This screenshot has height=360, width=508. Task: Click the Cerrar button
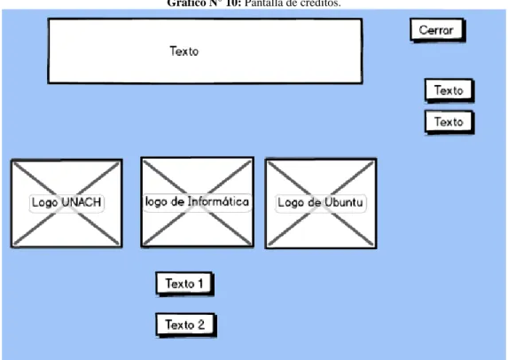pos(437,30)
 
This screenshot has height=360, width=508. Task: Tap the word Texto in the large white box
pos(184,51)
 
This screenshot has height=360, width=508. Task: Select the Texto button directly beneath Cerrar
pos(449,90)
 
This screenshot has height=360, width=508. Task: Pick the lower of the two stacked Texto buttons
pos(449,122)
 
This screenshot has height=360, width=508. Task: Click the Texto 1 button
pos(184,284)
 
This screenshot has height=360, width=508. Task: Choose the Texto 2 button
pos(186,325)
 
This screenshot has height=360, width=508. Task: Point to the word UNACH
pos(82,202)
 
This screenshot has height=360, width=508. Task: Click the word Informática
pos(218,201)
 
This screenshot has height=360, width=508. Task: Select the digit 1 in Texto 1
pos(200,284)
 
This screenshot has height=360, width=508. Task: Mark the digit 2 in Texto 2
pos(201,325)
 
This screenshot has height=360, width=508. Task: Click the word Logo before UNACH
pos(45,203)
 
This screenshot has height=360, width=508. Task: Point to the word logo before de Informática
pos(157,202)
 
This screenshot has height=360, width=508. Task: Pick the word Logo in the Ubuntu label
pos(292,203)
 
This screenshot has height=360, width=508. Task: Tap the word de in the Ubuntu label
pos(314,202)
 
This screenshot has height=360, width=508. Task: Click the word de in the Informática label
pos(177,201)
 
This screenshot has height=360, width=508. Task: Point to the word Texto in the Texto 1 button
pos(180,284)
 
